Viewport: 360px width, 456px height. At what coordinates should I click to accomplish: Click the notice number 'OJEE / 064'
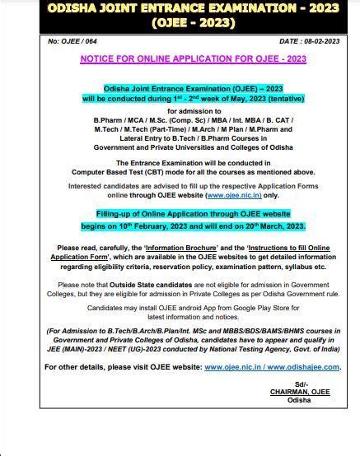[70, 40]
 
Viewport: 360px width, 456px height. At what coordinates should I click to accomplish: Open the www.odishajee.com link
[306, 367]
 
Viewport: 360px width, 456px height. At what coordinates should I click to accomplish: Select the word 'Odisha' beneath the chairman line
[300, 401]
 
